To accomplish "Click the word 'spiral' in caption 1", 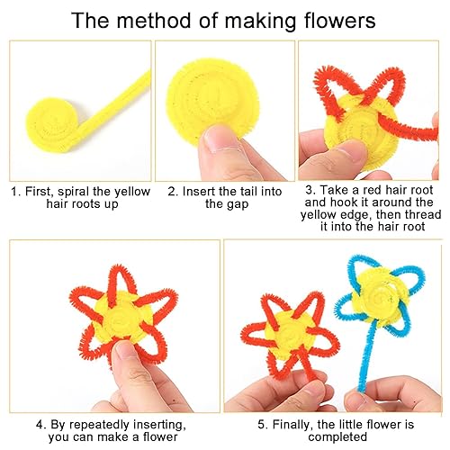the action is [x=74, y=192].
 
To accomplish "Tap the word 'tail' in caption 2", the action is [x=245, y=192].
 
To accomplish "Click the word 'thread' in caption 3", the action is [x=423, y=214].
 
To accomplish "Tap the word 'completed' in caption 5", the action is [x=337, y=437].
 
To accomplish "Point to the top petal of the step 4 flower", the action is [x=119, y=285].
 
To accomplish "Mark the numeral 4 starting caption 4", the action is [x=40, y=425].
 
